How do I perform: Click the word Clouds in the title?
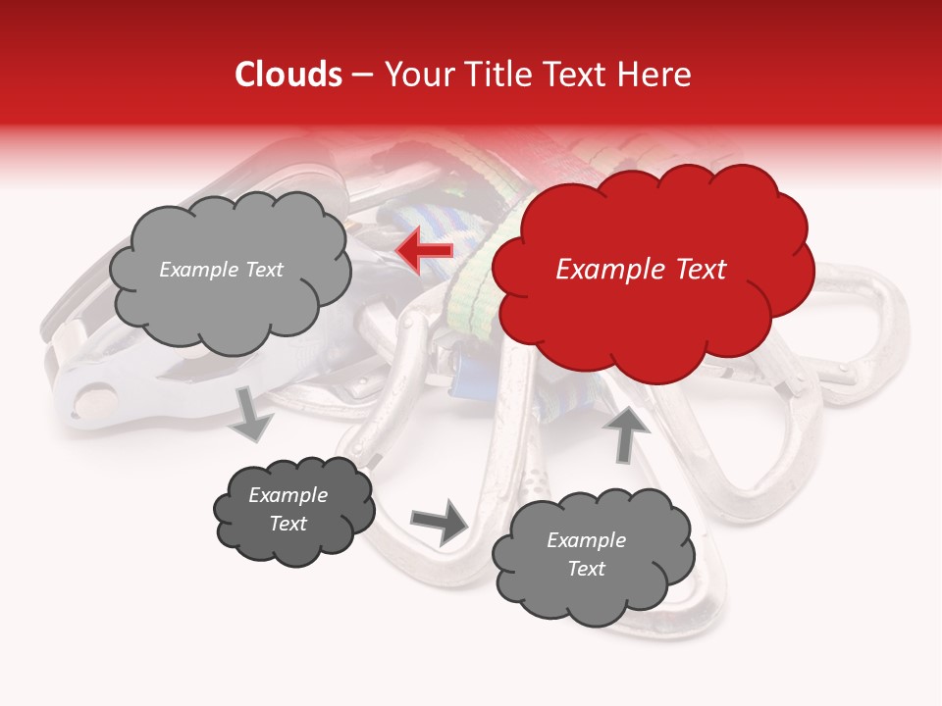pyautogui.click(x=288, y=75)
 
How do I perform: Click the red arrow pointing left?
pyautogui.click(x=425, y=251)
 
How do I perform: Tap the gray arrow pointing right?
pyautogui.click(x=439, y=522)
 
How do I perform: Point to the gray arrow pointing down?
pyautogui.click(x=252, y=413)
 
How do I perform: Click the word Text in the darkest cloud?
pyautogui.click(x=288, y=524)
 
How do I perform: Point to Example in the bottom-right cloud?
pyautogui.click(x=586, y=540)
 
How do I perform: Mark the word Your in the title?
pyautogui.click(x=411, y=75)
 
